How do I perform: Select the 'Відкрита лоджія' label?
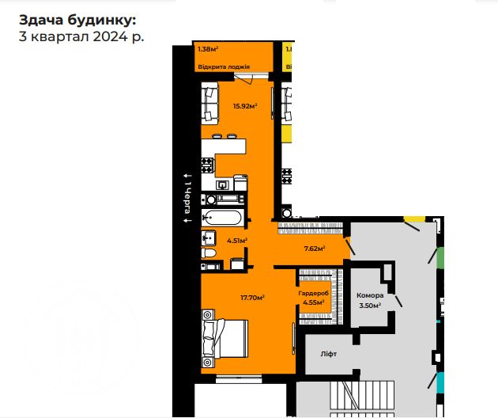tap(224, 66)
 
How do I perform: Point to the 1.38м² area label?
tap(208, 49)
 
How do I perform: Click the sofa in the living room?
tap(210, 104)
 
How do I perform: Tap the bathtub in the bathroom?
tap(223, 217)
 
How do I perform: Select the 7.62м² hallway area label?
tap(315, 247)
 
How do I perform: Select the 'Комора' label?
tap(370, 295)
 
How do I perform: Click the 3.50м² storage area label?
tap(370, 305)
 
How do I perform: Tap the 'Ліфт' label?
tap(329, 354)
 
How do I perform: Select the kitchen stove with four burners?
tap(207, 165)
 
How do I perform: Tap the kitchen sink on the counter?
tap(224, 185)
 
